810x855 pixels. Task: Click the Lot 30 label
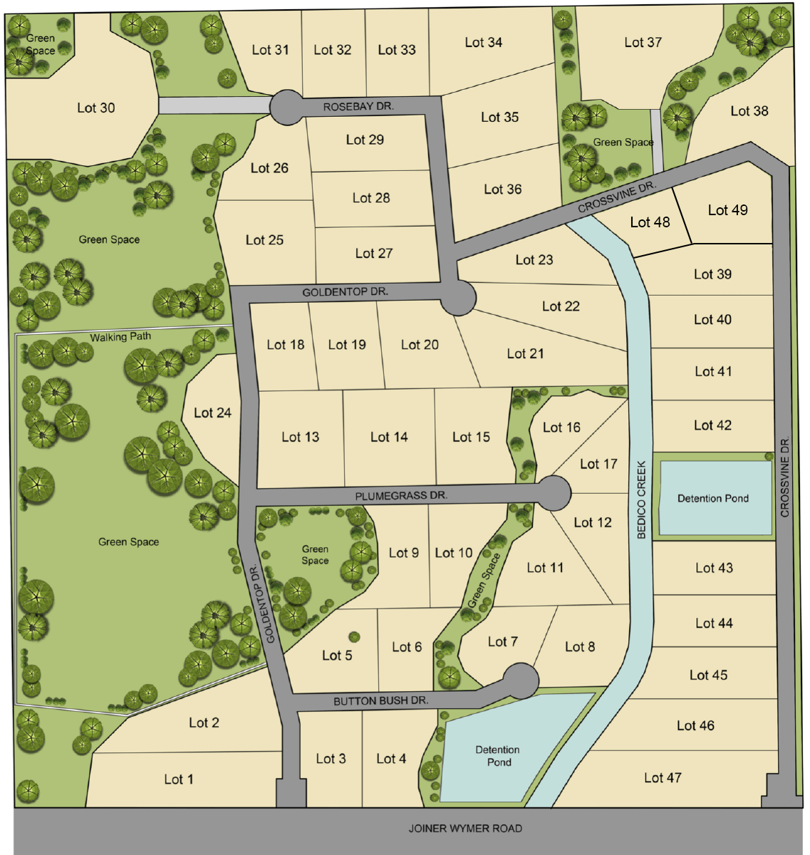point(96,108)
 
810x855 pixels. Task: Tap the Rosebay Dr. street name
point(358,106)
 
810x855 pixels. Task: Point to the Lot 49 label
point(727,210)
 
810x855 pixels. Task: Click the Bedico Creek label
point(641,499)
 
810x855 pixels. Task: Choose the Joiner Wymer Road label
point(464,829)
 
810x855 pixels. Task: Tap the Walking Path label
point(120,337)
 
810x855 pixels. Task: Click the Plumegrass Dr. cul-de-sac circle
point(554,493)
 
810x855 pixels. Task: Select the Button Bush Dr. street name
point(380,701)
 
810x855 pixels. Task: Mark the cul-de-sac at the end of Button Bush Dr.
point(521,680)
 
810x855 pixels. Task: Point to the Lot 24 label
point(212,413)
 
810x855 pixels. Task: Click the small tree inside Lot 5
point(353,636)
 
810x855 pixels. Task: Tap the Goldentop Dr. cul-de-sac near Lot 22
point(457,297)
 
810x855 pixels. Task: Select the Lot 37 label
point(643,43)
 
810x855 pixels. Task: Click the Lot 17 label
point(598,465)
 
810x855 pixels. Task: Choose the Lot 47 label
point(663,778)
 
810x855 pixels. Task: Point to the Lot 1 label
point(179,779)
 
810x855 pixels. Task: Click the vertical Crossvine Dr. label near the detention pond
point(785,477)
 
